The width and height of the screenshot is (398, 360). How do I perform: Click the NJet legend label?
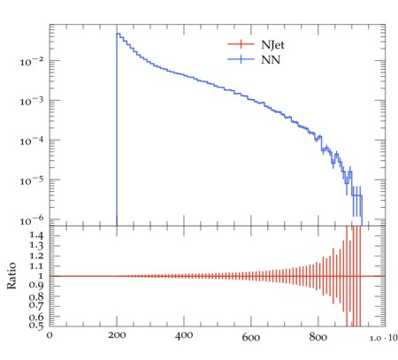coord(272,45)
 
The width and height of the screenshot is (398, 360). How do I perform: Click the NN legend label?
coord(271,60)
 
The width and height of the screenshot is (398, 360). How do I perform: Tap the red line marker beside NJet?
coord(241,44)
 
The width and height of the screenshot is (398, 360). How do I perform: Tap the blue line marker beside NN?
coord(241,59)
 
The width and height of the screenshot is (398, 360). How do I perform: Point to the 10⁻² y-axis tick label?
coord(32,62)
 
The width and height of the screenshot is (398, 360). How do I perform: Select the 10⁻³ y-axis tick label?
coord(32,102)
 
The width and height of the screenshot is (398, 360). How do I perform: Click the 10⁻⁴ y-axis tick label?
coord(32,141)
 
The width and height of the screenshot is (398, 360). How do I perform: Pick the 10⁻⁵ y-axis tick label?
coord(32,180)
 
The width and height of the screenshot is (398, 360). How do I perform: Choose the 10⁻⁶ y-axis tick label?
coord(32,220)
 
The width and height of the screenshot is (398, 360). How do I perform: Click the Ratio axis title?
coord(11,276)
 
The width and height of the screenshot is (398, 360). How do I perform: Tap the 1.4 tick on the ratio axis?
coord(36,235)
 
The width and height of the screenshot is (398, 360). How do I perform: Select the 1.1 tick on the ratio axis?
coord(36,266)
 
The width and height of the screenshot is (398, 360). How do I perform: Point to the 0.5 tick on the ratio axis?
coord(36,326)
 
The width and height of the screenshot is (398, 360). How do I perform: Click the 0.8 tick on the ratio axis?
coord(36,296)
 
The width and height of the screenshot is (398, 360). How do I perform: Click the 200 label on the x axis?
coord(117,335)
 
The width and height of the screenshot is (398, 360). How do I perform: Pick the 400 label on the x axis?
coord(184,335)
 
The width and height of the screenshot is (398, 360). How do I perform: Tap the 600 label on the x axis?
coord(251,337)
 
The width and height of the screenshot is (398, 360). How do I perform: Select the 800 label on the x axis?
coord(318,337)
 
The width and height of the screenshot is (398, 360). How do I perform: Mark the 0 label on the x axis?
coord(50,335)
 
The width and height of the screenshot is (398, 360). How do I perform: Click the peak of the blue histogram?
coord(118,34)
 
